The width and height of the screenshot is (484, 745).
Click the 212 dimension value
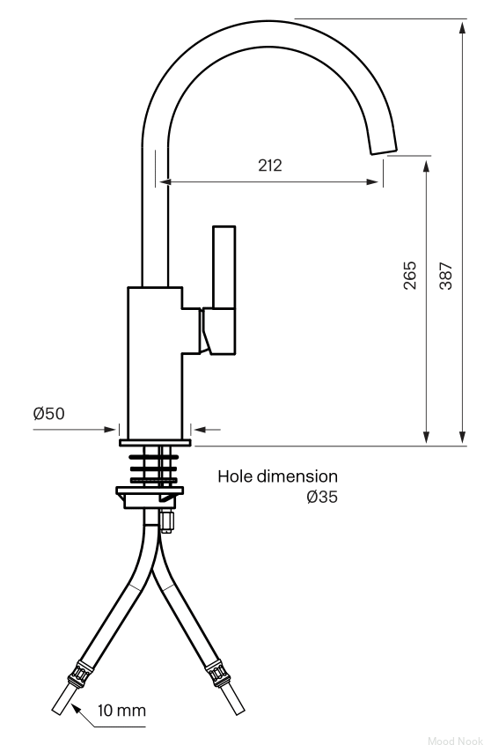[270, 166]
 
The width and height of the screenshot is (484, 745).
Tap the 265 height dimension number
[409, 275]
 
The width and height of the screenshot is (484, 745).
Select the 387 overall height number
[445, 276]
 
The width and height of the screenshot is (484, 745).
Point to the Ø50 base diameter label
[49, 413]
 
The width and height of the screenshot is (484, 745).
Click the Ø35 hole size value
[322, 497]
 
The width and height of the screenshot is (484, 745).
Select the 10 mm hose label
[121, 711]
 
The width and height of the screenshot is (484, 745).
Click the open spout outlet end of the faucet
[384, 150]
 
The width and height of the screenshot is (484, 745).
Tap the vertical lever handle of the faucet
[224, 267]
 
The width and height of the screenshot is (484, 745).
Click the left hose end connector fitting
[79, 674]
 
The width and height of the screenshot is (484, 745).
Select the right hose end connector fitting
[217, 674]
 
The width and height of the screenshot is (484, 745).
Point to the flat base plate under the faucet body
[155, 443]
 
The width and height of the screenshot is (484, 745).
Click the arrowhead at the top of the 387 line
[462, 26]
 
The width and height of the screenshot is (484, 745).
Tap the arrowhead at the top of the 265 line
[426, 166]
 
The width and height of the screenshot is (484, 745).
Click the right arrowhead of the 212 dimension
[373, 181]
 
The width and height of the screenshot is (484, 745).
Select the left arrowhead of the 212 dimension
[165, 181]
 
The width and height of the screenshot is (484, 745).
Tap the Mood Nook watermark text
[455, 741]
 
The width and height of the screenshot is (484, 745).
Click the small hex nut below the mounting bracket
[166, 521]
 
